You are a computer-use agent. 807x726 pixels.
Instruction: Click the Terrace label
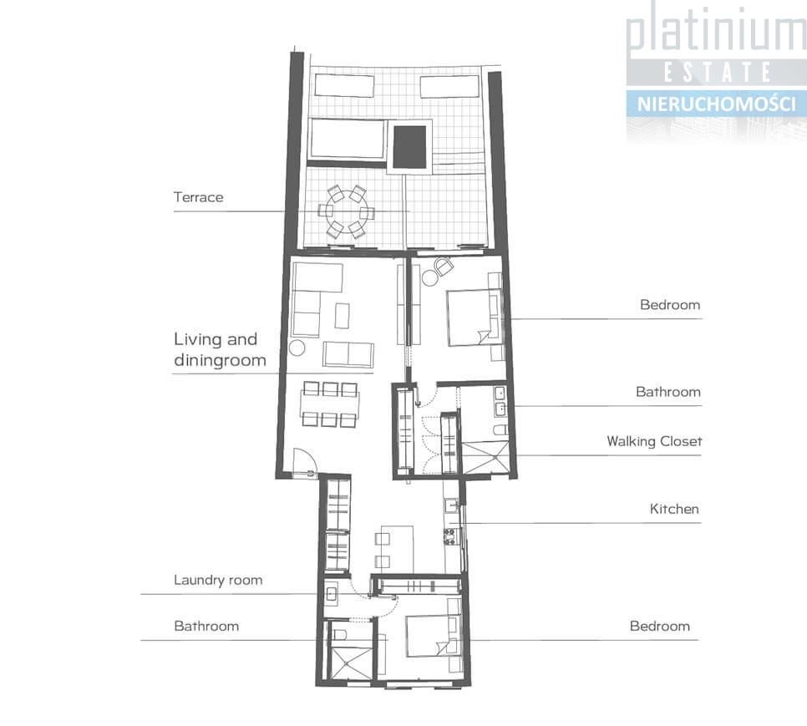[x=198, y=197]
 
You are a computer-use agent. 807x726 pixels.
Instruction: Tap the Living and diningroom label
[x=220, y=350]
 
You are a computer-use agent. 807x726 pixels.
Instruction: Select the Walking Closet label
[x=654, y=441]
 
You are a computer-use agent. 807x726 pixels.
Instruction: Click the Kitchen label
[x=674, y=510]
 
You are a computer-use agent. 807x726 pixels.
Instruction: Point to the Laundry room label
[x=218, y=581]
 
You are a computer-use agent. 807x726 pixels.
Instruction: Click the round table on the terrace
[x=346, y=212]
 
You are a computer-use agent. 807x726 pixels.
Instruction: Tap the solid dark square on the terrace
[x=409, y=147]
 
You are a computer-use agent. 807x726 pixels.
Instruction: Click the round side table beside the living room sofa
[x=297, y=348]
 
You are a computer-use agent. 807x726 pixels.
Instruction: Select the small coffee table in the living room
[x=343, y=316]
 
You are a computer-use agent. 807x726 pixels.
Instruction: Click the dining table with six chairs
[x=330, y=404]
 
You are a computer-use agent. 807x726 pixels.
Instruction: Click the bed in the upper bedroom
[x=474, y=317]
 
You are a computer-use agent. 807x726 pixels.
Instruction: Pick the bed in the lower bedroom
[x=432, y=637]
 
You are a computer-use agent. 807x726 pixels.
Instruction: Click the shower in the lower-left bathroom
[x=352, y=665]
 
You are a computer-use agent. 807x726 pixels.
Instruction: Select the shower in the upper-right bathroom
[x=485, y=457]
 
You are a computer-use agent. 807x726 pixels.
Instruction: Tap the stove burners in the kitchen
[x=450, y=536]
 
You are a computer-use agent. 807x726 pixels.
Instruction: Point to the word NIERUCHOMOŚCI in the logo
[x=717, y=104]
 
